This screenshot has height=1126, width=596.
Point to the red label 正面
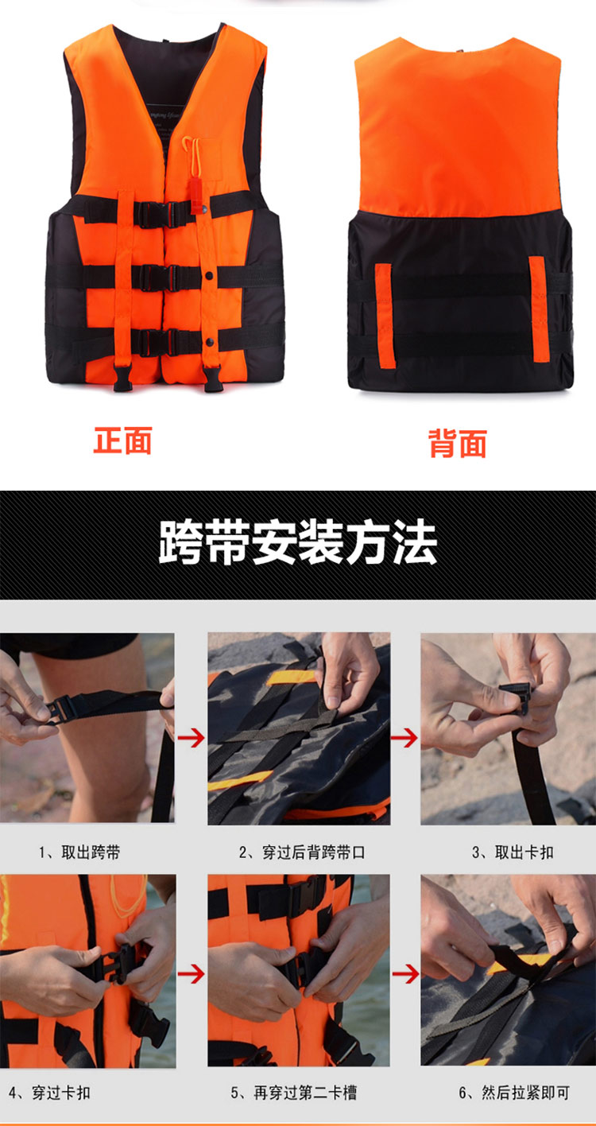click(x=122, y=441)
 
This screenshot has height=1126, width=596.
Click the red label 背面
click(x=457, y=444)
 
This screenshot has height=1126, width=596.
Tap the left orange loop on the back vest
click(x=384, y=315)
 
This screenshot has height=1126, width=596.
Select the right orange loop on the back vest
click(x=538, y=309)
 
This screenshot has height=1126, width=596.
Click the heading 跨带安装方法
click(x=297, y=544)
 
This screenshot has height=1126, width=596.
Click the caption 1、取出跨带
click(x=79, y=852)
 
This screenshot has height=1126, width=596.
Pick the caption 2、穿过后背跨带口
click(x=301, y=852)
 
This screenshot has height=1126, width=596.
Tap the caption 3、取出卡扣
click(x=513, y=852)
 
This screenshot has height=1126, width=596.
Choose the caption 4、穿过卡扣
click(x=49, y=1093)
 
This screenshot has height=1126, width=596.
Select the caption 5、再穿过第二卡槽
click(x=294, y=1093)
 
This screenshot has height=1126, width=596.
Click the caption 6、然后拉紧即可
click(x=514, y=1093)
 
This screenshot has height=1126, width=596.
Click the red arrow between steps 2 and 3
click(x=404, y=738)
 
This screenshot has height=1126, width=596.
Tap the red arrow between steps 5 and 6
click(x=405, y=974)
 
